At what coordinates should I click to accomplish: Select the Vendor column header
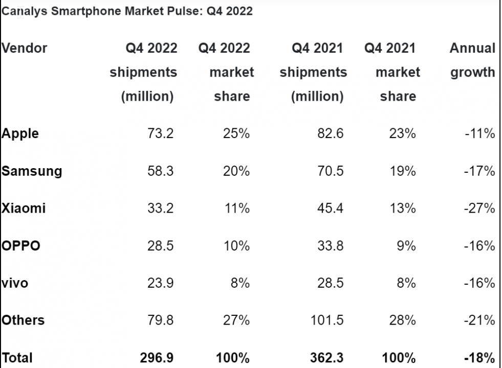click(x=24, y=49)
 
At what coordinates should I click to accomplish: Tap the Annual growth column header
click(x=472, y=60)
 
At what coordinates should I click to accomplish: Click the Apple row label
click(x=20, y=134)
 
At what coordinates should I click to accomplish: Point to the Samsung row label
click(x=31, y=171)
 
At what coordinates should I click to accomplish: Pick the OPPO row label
click(x=20, y=246)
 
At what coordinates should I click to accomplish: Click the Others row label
click(x=23, y=320)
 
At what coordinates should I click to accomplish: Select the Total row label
click(x=17, y=357)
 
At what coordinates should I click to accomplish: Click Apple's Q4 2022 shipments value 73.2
click(x=161, y=134)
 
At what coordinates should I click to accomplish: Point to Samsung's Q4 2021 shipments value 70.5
click(x=331, y=171)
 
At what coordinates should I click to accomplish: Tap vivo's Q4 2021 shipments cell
click(x=331, y=283)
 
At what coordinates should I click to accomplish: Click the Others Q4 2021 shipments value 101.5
click(x=326, y=320)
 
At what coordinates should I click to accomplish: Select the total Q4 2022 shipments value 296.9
click(x=157, y=357)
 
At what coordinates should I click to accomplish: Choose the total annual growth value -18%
click(x=480, y=357)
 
